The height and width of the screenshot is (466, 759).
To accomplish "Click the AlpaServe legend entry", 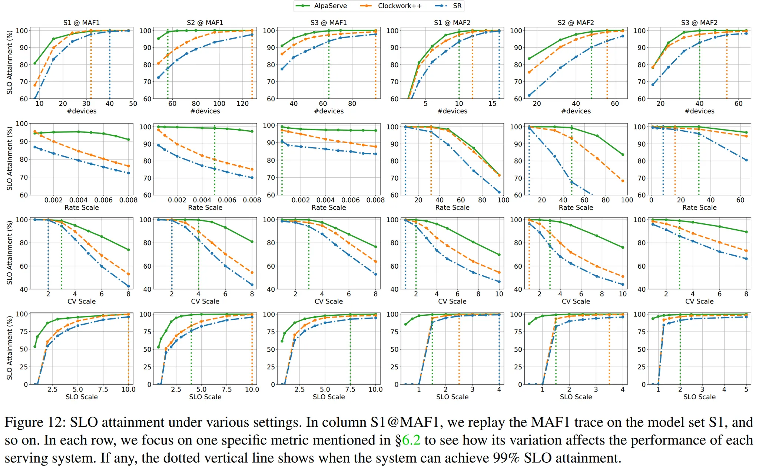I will tap(330, 6).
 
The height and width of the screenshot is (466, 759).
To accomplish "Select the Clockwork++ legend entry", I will tap(399, 6).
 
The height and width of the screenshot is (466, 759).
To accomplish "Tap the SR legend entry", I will tap(457, 6).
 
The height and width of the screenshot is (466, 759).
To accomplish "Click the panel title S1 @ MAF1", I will tap(82, 23).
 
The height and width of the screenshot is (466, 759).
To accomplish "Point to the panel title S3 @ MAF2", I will tap(699, 23).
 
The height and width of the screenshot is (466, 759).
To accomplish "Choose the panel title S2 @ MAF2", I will tap(576, 23).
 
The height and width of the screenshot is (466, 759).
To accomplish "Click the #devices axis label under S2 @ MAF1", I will tap(205, 111).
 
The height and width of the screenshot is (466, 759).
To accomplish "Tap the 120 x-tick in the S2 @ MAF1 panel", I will tap(243, 104).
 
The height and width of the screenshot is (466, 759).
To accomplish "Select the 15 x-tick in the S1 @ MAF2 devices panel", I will tap(492, 104).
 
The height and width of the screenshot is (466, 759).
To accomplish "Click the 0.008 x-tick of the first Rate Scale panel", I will tap(128, 200).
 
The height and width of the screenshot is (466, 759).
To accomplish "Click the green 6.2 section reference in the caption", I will tap(411, 440).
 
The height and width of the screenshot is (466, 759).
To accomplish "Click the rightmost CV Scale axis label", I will tap(699, 301).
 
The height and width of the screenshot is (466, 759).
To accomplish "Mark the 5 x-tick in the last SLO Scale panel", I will tap(746, 389).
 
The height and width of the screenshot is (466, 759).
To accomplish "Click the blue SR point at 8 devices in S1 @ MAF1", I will tap(35, 99).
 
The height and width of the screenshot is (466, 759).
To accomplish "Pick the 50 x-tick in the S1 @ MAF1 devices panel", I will tap(133, 104).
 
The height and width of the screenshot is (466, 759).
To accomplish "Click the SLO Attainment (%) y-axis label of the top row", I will tap(10, 62).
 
